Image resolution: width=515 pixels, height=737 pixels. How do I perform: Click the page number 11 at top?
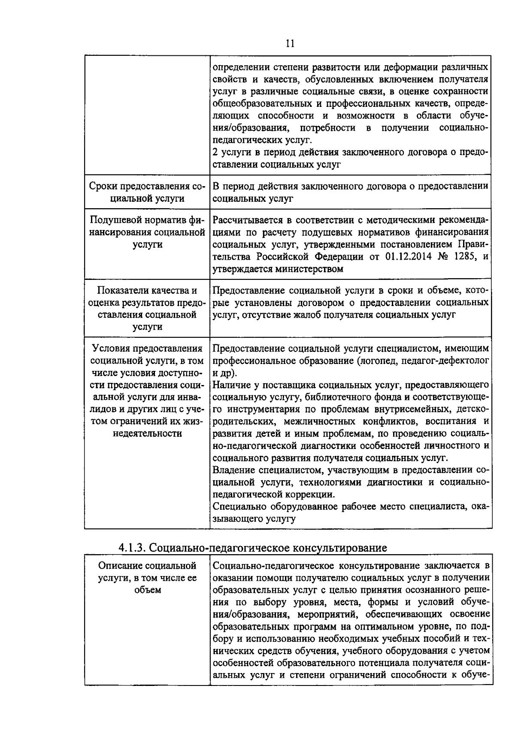pos(290,44)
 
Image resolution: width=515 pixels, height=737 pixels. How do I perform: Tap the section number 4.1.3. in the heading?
pos(133,548)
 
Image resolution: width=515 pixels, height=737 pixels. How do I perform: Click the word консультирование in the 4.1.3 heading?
pos(339,548)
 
